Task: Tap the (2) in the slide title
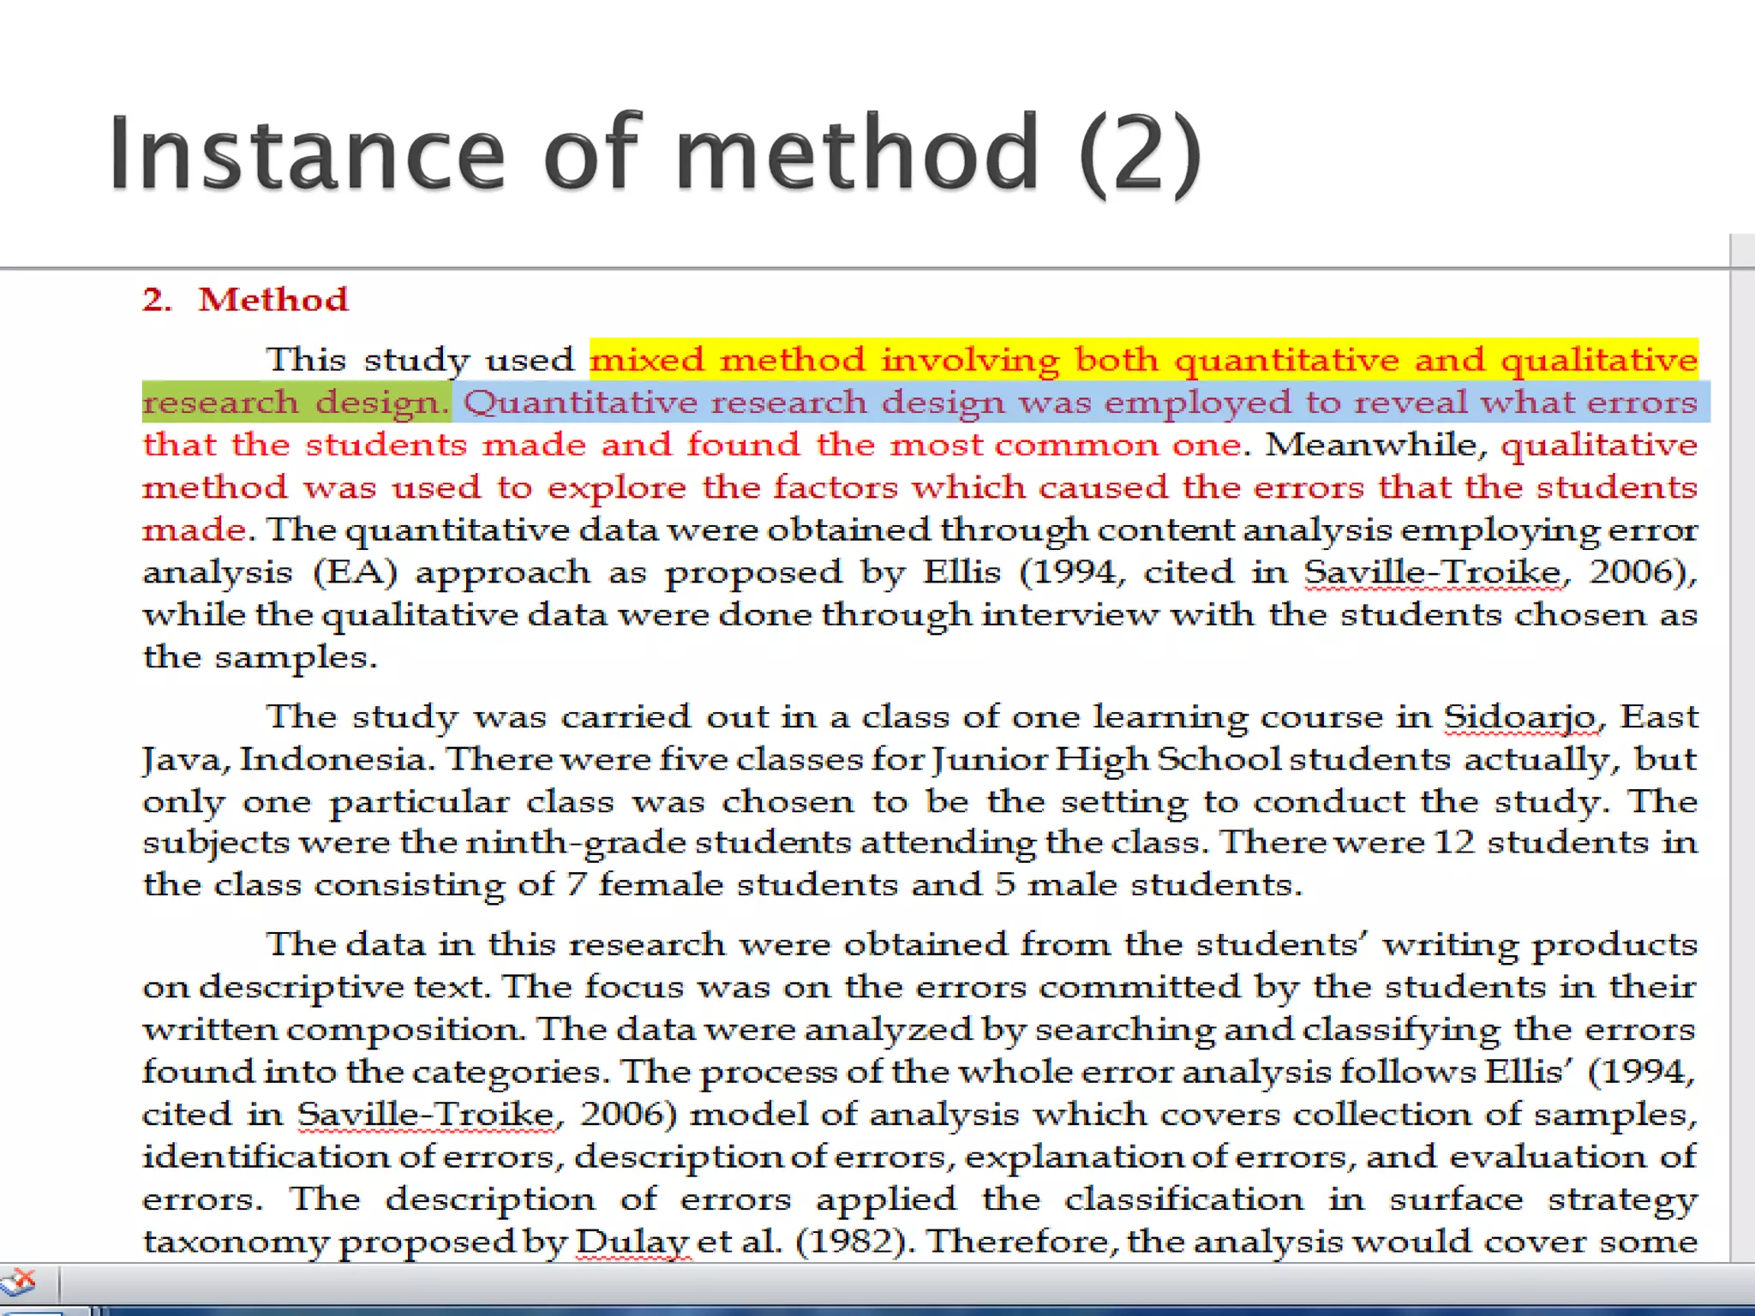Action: [x=1141, y=154]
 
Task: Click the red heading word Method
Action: [x=273, y=300]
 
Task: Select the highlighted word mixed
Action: [x=647, y=360]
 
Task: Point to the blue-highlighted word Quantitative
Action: [x=580, y=403]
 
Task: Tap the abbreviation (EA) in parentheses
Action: [x=356, y=572]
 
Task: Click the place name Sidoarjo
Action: [x=1520, y=717]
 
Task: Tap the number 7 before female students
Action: [x=576, y=884]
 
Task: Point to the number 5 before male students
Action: [x=1004, y=884]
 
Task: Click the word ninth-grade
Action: [x=576, y=842]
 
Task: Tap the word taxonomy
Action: [x=235, y=1242]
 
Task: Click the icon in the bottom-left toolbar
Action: [x=19, y=1283]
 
